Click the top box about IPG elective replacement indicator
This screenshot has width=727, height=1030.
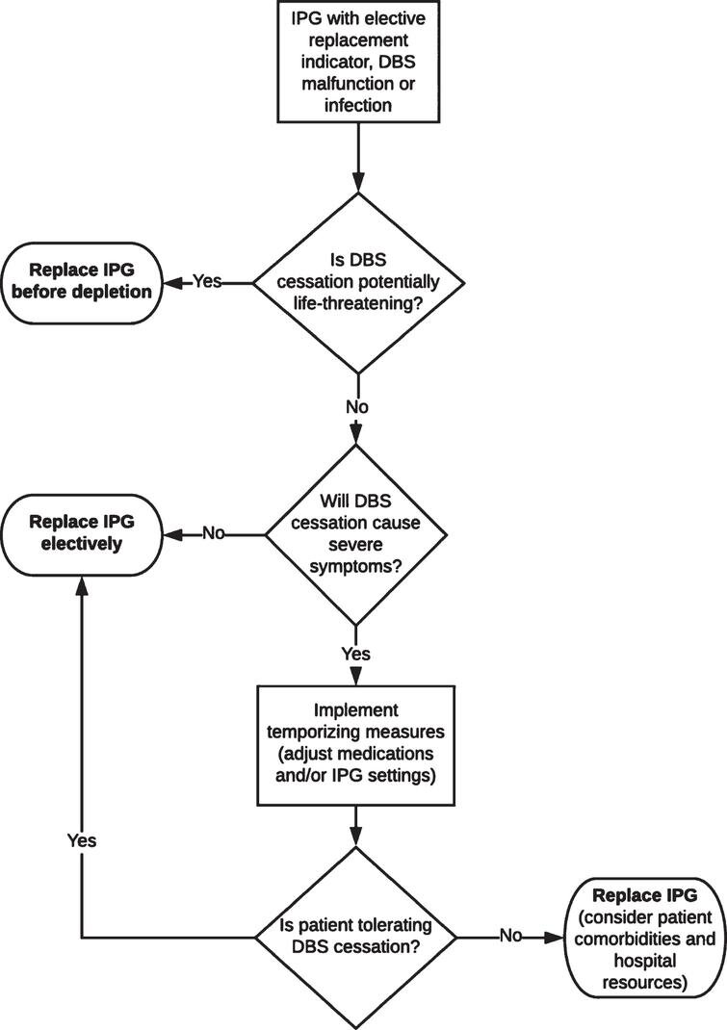click(x=358, y=62)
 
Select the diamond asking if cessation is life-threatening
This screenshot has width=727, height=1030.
click(x=358, y=283)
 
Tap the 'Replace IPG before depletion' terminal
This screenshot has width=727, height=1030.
click(x=82, y=283)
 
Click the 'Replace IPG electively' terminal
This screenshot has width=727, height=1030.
click(x=82, y=534)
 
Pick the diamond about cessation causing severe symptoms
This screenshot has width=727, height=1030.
click(x=355, y=534)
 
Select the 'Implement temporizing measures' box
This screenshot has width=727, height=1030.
click(x=355, y=746)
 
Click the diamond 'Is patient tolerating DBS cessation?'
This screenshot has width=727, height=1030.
click(x=355, y=938)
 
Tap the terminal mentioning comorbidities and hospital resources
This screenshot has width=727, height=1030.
click(x=645, y=938)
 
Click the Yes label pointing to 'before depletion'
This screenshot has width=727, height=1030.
click(x=207, y=282)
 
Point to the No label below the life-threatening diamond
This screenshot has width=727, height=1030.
click(x=357, y=407)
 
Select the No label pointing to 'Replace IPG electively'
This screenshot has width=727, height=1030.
click(x=213, y=532)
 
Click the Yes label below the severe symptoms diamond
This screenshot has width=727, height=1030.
click(x=355, y=654)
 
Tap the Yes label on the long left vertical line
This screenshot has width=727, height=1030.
click(x=82, y=840)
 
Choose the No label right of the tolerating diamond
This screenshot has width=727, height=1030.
click(x=510, y=935)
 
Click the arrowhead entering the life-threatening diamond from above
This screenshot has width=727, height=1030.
click(x=358, y=183)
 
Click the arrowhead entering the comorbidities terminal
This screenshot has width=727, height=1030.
click(x=554, y=938)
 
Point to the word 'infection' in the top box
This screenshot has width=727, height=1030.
click(x=358, y=105)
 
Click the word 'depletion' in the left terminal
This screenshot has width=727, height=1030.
click(x=117, y=292)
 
